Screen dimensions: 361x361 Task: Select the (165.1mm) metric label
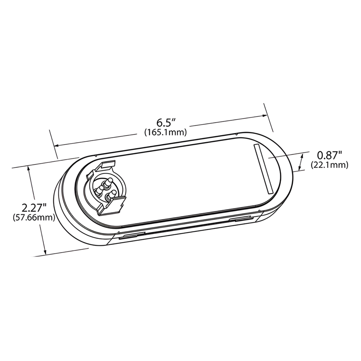click(165, 132)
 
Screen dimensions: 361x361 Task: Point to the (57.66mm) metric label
click(34, 218)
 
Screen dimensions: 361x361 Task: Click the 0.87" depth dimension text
click(330, 155)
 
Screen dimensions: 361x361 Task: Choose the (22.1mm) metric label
click(330, 165)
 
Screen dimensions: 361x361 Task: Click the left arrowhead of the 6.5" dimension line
click(56, 145)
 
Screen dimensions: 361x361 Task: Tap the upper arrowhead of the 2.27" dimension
click(29, 170)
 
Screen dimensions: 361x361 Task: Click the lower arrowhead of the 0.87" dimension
click(300, 168)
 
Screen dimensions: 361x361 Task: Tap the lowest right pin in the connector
click(113, 194)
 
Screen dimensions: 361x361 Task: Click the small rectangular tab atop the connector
click(109, 164)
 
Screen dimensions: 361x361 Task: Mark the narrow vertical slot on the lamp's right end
click(262, 169)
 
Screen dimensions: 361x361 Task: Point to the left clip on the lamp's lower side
click(131, 236)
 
